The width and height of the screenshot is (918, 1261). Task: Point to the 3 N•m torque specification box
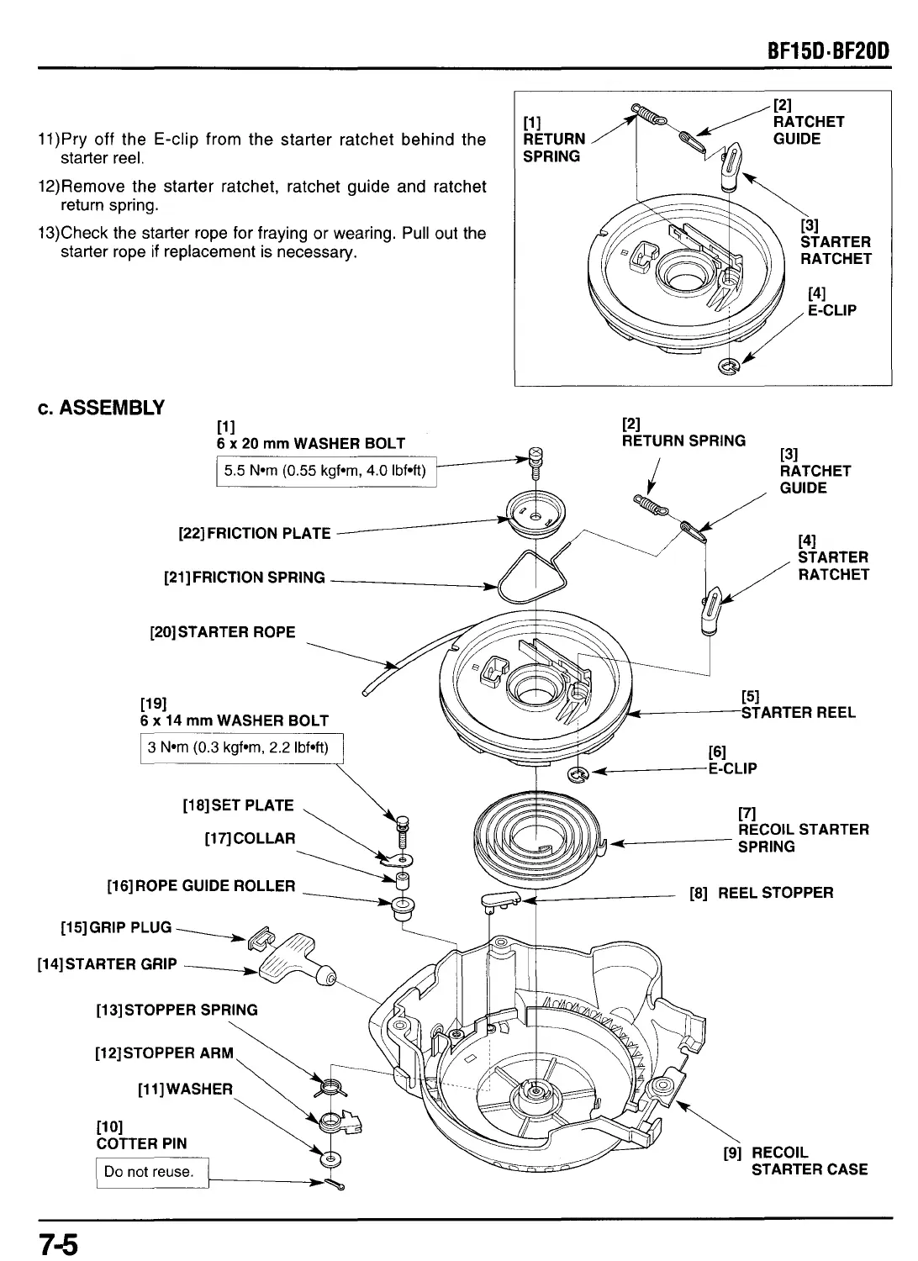(x=241, y=747)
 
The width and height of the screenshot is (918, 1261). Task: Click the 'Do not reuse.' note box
(x=152, y=1171)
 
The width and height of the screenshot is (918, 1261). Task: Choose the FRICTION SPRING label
(x=244, y=578)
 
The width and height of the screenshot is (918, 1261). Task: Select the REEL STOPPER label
(x=761, y=892)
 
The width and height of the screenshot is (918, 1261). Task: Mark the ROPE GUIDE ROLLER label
(x=201, y=885)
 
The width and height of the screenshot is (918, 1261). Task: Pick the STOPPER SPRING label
(x=177, y=1010)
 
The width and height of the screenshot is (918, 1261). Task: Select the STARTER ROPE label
(x=222, y=632)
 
